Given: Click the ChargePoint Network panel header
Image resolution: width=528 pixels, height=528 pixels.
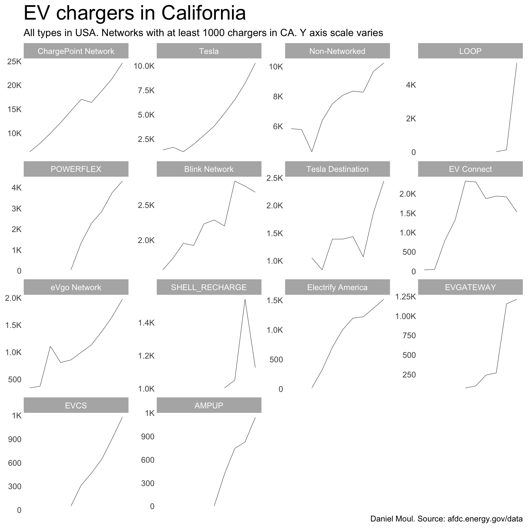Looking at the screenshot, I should tap(76, 51).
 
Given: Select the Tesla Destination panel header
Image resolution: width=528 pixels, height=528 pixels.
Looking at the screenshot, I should tap(337, 169).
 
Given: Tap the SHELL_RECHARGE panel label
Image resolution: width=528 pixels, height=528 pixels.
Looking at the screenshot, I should tap(209, 287).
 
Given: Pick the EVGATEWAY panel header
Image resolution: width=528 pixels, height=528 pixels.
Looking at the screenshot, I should tap(470, 287).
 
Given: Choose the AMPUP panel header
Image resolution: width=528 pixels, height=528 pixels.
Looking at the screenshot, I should tap(209, 406).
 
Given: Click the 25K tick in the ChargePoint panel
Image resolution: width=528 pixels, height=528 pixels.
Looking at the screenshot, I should tap(14, 62).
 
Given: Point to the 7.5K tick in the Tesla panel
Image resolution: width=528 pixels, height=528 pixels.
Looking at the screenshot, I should tap(146, 91).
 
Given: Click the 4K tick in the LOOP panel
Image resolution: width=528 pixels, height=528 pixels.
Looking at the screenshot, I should tap(411, 85).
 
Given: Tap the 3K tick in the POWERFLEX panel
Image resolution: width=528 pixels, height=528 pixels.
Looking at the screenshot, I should tap(16, 209).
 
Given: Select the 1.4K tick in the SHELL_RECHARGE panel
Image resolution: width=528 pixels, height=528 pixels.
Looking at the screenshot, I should tap(146, 323).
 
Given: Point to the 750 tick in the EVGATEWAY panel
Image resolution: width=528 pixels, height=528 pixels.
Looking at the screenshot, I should tap(409, 336).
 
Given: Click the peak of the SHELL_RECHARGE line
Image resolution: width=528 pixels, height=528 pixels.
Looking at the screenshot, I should tap(245, 299).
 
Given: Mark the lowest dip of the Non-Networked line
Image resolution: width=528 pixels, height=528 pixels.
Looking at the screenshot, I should tap(312, 152).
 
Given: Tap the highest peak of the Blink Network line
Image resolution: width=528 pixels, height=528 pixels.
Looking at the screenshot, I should tap(234, 181).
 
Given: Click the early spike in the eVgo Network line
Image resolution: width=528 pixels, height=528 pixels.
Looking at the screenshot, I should tap(51, 346).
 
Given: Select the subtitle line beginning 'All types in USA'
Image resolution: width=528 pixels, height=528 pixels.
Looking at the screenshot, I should tap(203, 33).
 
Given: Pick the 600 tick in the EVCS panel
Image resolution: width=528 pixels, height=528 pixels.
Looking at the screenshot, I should tap(15, 463).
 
